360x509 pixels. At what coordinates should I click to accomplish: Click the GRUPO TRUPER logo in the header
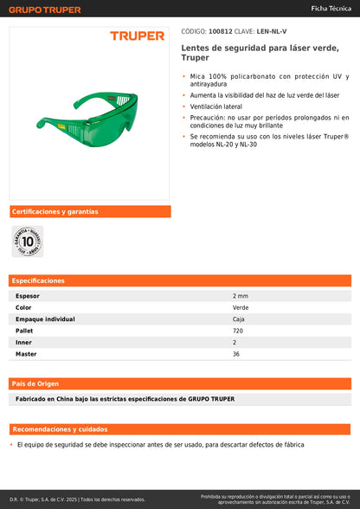(45, 10)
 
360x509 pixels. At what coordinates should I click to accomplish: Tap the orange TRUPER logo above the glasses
(137, 36)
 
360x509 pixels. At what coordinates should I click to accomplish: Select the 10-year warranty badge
(27, 241)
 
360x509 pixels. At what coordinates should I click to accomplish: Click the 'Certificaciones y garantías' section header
(54, 211)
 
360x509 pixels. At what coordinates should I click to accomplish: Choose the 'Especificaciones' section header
(39, 280)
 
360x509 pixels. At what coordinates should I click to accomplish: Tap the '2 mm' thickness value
(241, 296)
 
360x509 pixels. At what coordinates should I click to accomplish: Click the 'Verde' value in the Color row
(241, 307)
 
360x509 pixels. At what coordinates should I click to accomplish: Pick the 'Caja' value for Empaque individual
(240, 319)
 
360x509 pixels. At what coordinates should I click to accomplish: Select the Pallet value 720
(238, 331)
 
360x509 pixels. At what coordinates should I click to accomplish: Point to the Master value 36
(236, 354)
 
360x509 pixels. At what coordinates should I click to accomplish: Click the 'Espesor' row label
(28, 296)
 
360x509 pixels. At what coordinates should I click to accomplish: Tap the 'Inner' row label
(23, 343)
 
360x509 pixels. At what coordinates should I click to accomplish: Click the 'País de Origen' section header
(36, 383)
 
